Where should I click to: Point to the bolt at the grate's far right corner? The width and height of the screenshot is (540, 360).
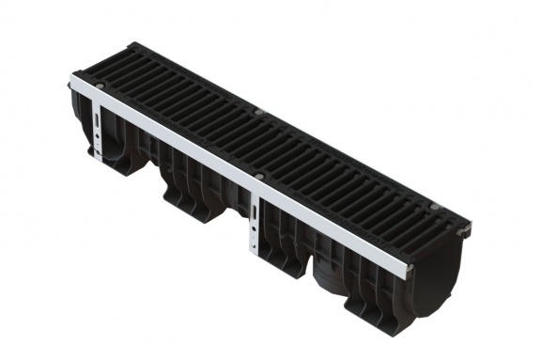click(433, 205)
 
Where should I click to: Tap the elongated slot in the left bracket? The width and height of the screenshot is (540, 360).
click(99, 123)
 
